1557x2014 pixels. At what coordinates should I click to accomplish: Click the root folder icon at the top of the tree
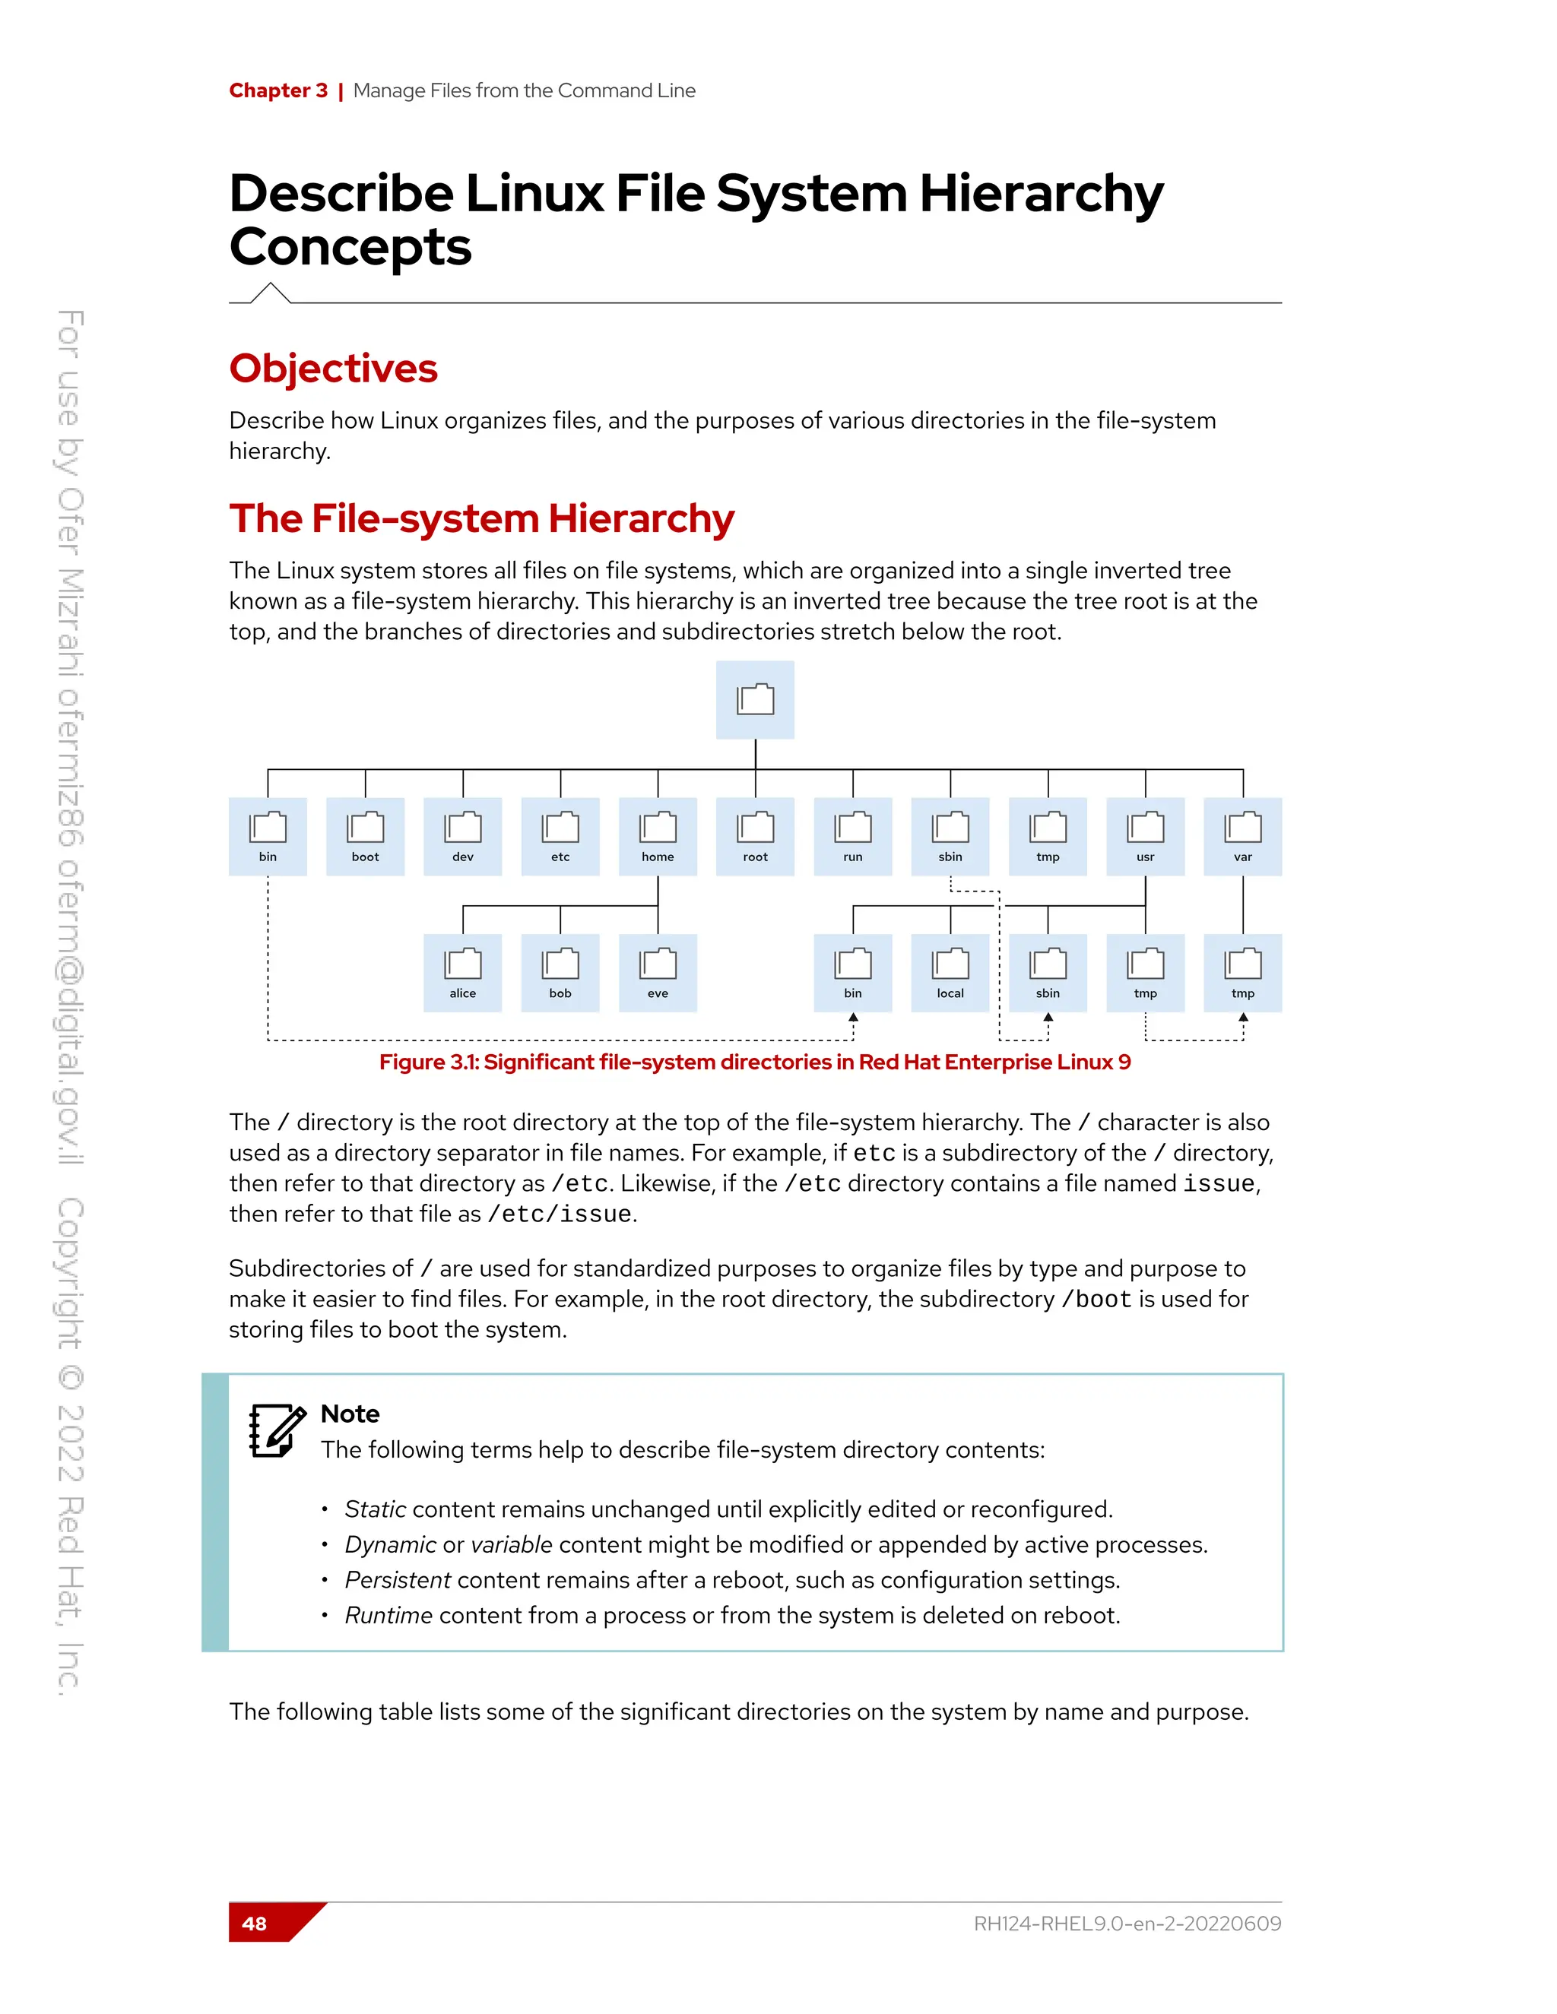(754, 700)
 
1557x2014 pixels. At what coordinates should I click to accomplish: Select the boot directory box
(365, 835)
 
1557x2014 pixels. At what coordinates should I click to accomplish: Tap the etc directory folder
(560, 835)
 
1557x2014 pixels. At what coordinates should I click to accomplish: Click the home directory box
(658, 835)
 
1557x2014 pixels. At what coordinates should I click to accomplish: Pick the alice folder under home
(463, 972)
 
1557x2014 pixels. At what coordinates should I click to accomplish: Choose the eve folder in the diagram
(658, 972)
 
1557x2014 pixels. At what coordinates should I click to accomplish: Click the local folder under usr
(950, 972)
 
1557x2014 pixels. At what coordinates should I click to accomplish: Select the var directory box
(1242, 835)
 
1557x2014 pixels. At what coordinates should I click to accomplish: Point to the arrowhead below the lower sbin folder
(1048, 1017)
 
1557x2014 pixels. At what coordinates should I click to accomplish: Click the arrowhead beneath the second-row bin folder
(853, 1017)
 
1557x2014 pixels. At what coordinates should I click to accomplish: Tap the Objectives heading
(333, 368)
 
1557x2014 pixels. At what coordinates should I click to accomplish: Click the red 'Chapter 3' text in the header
(277, 90)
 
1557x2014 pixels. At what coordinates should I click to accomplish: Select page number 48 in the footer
(255, 1923)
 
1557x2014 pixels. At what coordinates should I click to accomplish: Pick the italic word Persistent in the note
(398, 1580)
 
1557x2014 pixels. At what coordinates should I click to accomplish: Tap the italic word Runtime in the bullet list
(388, 1615)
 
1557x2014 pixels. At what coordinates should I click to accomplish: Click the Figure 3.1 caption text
(754, 1062)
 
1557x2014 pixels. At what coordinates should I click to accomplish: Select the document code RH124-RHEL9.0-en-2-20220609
(1127, 1923)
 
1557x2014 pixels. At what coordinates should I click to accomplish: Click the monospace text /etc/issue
(560, 1214)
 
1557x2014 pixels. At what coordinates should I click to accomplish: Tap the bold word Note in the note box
(350, 1414)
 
